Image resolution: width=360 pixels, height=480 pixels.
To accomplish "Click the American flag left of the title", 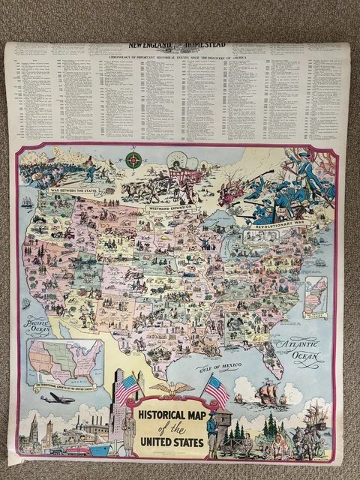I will tap(127, 388).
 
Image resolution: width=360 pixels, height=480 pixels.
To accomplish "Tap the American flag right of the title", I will tap(217, 390).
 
